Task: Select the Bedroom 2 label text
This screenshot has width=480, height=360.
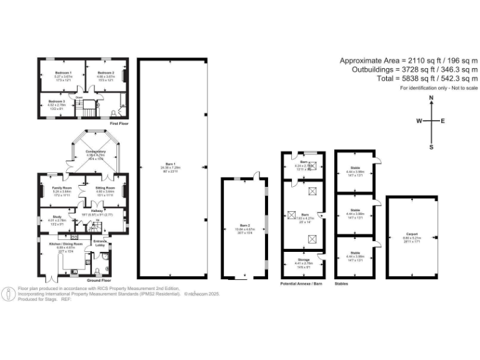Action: coord(104,73)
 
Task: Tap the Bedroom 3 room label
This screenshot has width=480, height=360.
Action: coord(57,101)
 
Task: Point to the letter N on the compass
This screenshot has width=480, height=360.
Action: coord(431,99)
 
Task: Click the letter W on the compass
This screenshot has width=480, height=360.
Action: coord(419,121)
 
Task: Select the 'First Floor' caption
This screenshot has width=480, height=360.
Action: coord(119,124)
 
